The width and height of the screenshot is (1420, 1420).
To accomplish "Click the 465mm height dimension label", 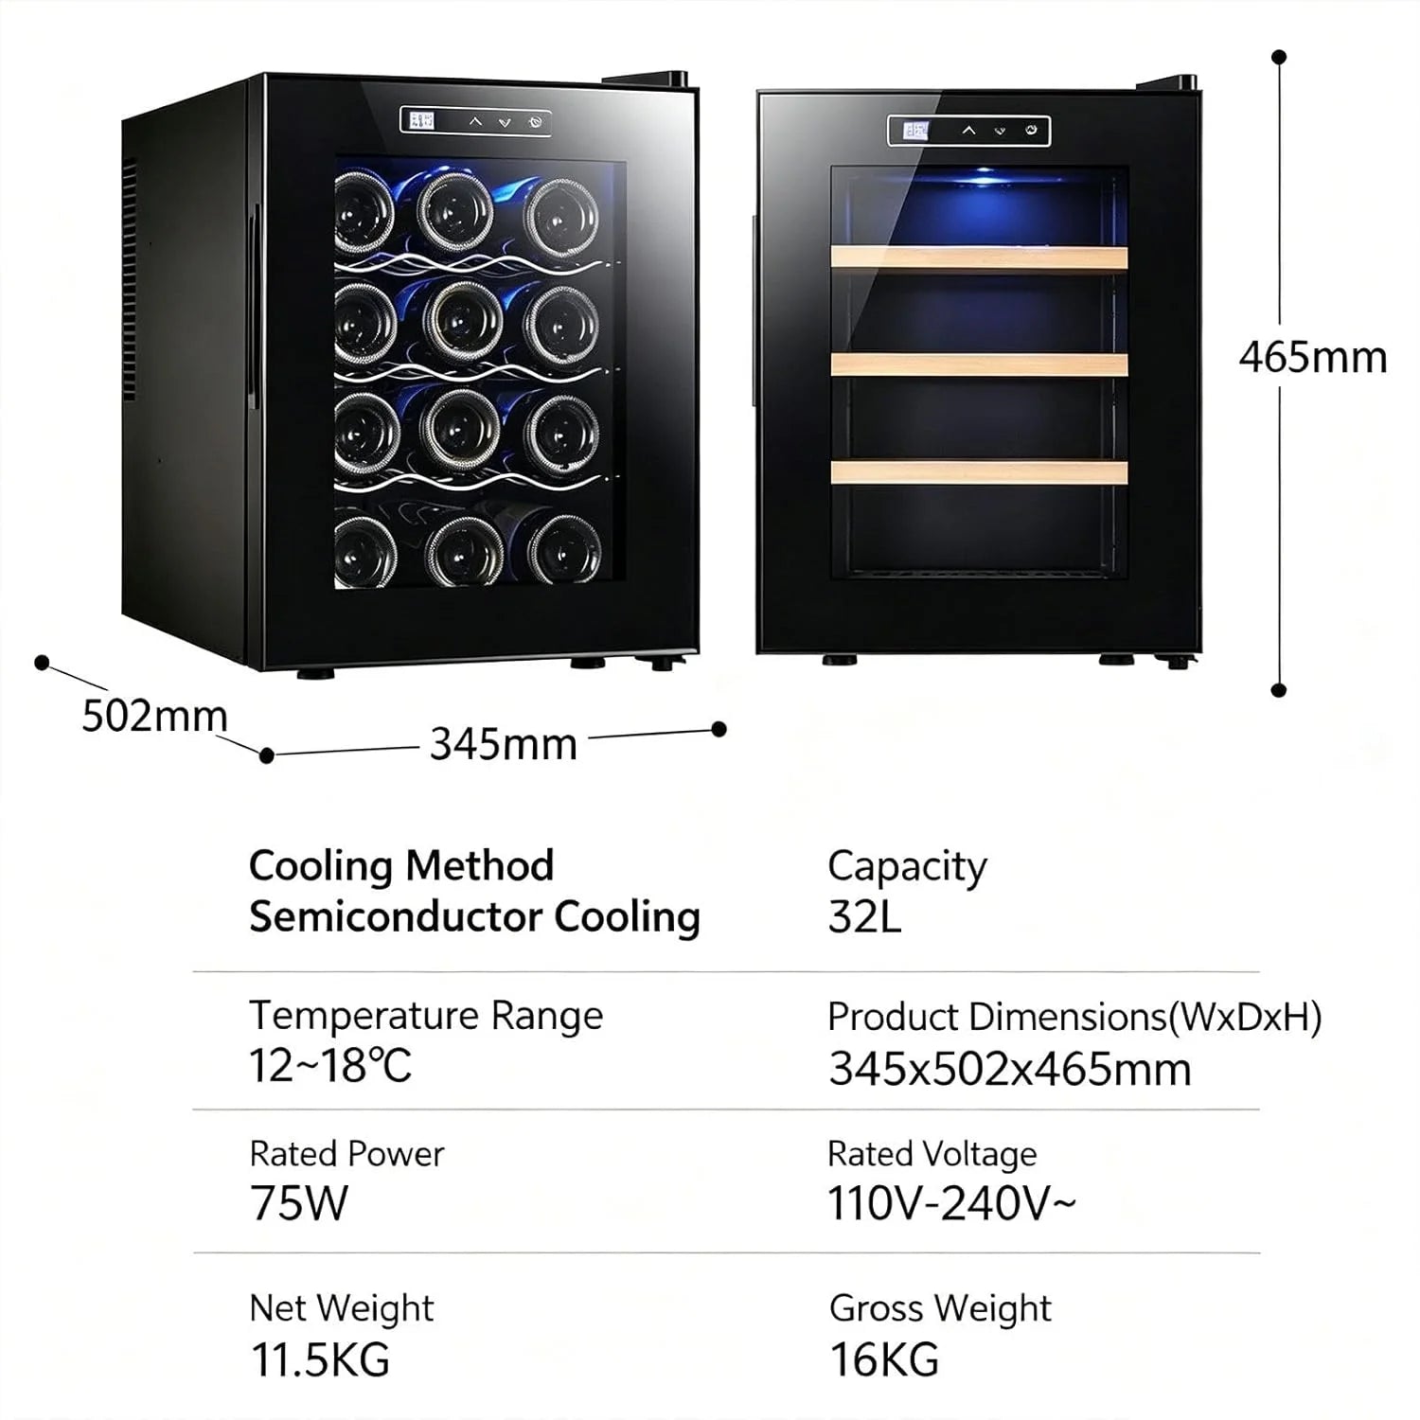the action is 1312,358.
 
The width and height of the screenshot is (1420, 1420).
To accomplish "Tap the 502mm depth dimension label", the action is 154,716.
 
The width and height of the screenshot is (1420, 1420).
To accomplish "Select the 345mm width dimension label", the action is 504,744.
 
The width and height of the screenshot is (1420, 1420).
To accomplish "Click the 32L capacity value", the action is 864,916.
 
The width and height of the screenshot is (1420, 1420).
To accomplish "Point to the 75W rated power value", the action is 299,1203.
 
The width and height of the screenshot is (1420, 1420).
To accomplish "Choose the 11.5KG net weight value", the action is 320,1359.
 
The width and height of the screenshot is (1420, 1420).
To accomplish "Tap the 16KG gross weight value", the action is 884,1359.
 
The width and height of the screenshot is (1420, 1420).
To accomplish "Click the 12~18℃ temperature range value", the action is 330,1066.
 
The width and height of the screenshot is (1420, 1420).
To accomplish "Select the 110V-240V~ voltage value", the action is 951,1203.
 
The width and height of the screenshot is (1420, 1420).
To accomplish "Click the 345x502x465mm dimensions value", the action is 1010,1069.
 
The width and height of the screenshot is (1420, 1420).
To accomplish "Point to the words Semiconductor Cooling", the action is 474,917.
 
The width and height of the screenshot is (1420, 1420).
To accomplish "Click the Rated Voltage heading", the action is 932,1154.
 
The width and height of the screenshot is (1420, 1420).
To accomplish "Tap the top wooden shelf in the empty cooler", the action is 979,257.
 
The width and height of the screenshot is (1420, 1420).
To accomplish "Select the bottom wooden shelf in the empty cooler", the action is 979,471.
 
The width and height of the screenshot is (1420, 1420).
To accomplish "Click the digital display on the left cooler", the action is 420,120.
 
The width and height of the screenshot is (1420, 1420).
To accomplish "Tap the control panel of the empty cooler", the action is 968,131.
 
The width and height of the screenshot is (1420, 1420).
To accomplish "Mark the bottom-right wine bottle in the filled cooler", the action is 564,549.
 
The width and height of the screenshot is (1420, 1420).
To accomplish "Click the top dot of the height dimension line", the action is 1279,57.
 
